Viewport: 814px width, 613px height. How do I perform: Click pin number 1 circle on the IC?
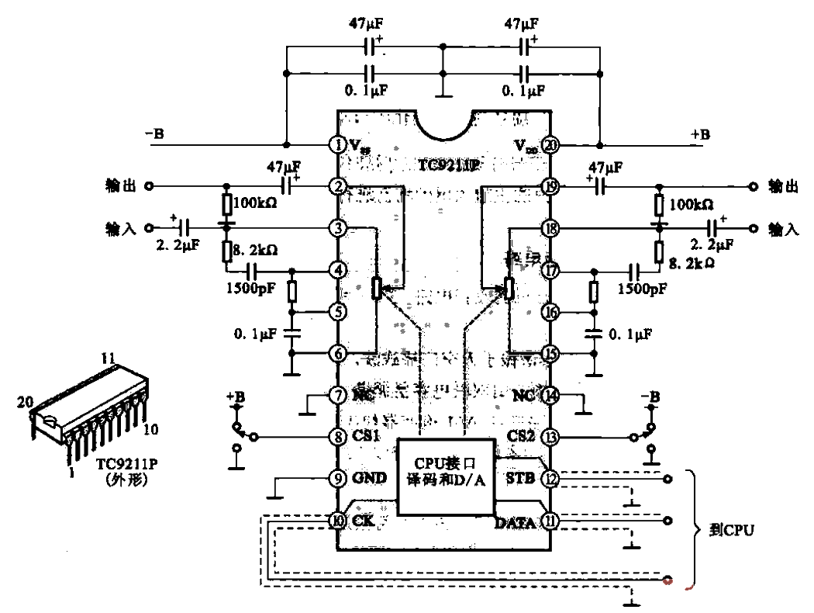click(x=337, y=145)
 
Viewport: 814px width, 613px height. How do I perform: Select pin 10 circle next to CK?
click(x=337, y=521)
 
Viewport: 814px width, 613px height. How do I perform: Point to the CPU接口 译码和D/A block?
click(x=445, y=476)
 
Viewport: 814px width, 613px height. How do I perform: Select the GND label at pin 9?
click(x=369, y=479)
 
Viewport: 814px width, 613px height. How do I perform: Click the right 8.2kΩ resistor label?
click(x=691, y=263)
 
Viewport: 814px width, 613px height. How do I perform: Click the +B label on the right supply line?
click(x=700, y=134)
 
